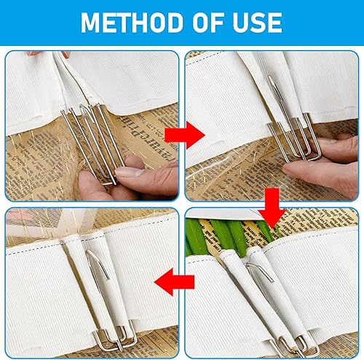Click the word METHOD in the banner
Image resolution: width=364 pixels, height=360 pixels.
(x=132, y=23)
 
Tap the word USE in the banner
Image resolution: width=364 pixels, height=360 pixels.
(x=258, y=23)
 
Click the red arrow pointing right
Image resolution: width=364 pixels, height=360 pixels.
(x=185, y=135)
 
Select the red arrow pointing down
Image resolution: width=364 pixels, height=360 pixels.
(x=272, y=209)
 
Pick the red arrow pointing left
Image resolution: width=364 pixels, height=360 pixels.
(x=174, y=281)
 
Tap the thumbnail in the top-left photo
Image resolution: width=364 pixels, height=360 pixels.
(x=129, y=172)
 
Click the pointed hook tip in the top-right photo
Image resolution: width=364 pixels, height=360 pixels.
(x=270, y=77)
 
